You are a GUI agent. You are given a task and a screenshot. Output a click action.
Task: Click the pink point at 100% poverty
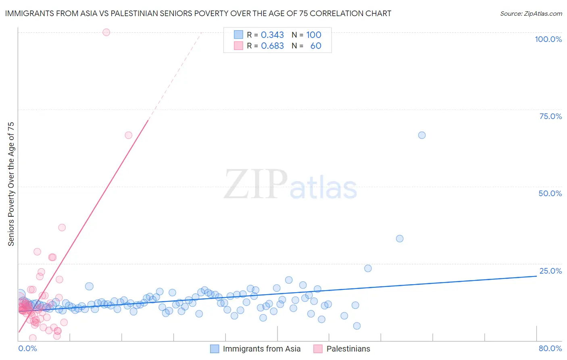(106, 32)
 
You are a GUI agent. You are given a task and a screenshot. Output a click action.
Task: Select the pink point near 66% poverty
(129, 135)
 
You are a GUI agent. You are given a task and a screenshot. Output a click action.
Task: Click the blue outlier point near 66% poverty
(422, 135)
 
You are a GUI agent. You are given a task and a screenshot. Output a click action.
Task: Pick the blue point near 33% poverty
(400, 239)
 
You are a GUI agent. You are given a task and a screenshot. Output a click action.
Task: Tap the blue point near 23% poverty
(368, 268)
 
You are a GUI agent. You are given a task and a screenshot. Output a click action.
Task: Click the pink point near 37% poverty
(62, 228)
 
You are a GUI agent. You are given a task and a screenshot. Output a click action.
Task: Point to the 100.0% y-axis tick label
(548, 39)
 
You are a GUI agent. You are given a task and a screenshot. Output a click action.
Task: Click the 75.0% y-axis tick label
(550, 116)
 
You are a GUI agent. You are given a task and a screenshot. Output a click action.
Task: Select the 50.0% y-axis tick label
(550, 193)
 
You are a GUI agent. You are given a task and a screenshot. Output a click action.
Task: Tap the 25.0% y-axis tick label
(550, 271)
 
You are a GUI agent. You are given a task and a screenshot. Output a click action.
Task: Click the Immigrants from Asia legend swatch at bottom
(215, 349)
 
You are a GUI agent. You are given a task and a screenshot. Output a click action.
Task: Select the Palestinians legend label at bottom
(348, 349)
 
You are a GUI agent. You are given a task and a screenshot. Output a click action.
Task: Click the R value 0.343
(272, 35)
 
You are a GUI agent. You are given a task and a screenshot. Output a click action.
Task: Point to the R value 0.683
(272, 46)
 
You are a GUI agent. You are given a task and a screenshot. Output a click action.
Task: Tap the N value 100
(314, 35)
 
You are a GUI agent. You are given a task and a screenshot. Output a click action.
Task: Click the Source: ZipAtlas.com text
(531, 14)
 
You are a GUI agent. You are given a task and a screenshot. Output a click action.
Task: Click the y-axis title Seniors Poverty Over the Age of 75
(11, 184)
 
